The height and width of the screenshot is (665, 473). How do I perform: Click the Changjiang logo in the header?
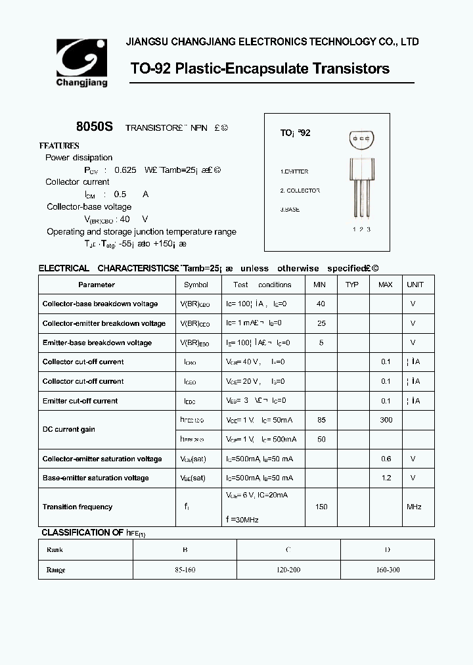(x=81, y=62)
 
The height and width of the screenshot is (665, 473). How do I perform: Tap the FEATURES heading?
(x=59, y=146)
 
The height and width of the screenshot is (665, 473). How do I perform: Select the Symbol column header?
(x=196, y=285)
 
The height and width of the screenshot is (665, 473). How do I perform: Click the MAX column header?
(x=385, y=285)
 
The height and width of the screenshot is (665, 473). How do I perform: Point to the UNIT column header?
(x=415, y=285)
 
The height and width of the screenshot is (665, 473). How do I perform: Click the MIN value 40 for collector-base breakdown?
(x=321, y=304)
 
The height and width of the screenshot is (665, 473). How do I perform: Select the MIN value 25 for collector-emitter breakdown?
(x=321, y=323)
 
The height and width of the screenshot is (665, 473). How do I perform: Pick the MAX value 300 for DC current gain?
(x=386, y=420)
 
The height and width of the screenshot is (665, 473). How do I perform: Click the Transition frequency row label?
(x=78, y=507)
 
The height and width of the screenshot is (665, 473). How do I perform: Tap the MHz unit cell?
(x=414, y=507)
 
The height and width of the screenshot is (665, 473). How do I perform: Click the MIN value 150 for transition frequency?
(x=321, y=507)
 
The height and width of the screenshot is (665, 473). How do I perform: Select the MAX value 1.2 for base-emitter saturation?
(x=386, y=478)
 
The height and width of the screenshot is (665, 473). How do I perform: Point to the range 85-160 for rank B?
(x=185, y=570)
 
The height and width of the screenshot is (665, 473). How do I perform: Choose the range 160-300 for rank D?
(x=387, y=570)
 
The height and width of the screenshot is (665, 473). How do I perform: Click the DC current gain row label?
(x=69, y=429)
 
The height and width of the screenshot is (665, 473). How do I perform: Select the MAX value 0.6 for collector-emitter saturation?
(x=386, y=459)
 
